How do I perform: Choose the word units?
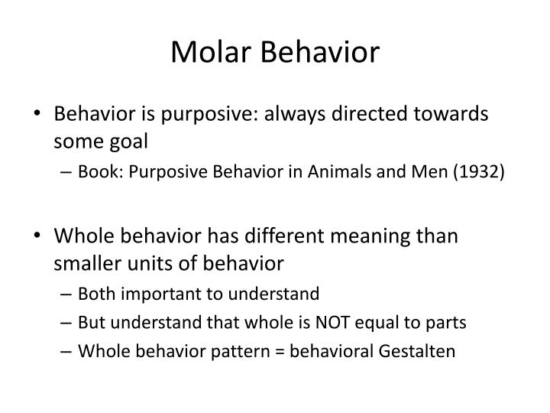click(x=152, y=263)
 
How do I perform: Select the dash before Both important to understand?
click(x=67, y=293)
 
